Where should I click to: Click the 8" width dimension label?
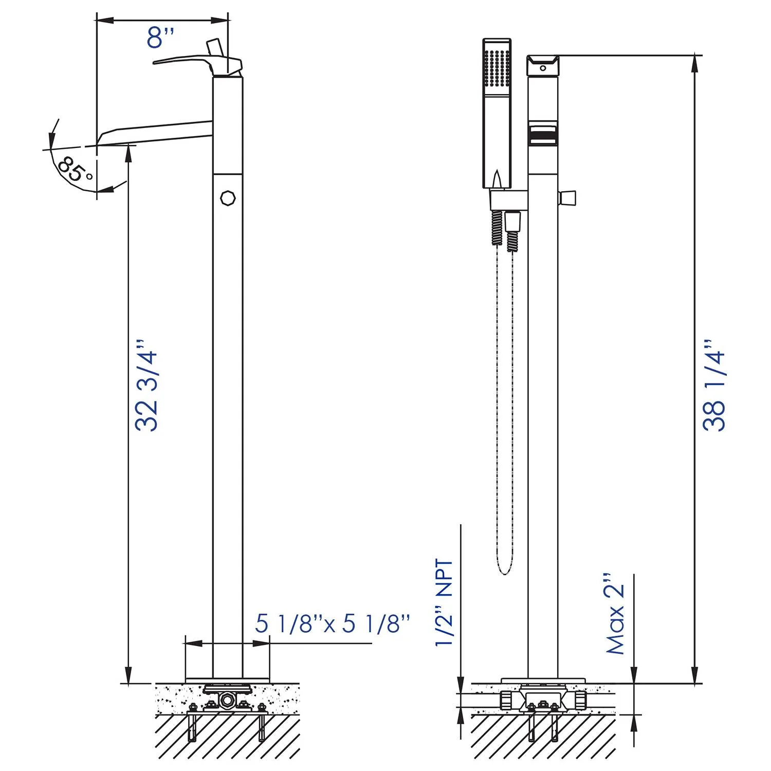click(x=160, y=38)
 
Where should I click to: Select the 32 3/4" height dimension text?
click(x=146, y=384)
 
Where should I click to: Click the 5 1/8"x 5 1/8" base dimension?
click(x=333, y=623)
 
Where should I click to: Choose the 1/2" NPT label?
click(x=445, y=602)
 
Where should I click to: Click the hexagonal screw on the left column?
click(x=228, y=198)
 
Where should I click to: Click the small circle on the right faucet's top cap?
click(x=543, y=68)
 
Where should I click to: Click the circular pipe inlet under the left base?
click(x=226, y=700)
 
